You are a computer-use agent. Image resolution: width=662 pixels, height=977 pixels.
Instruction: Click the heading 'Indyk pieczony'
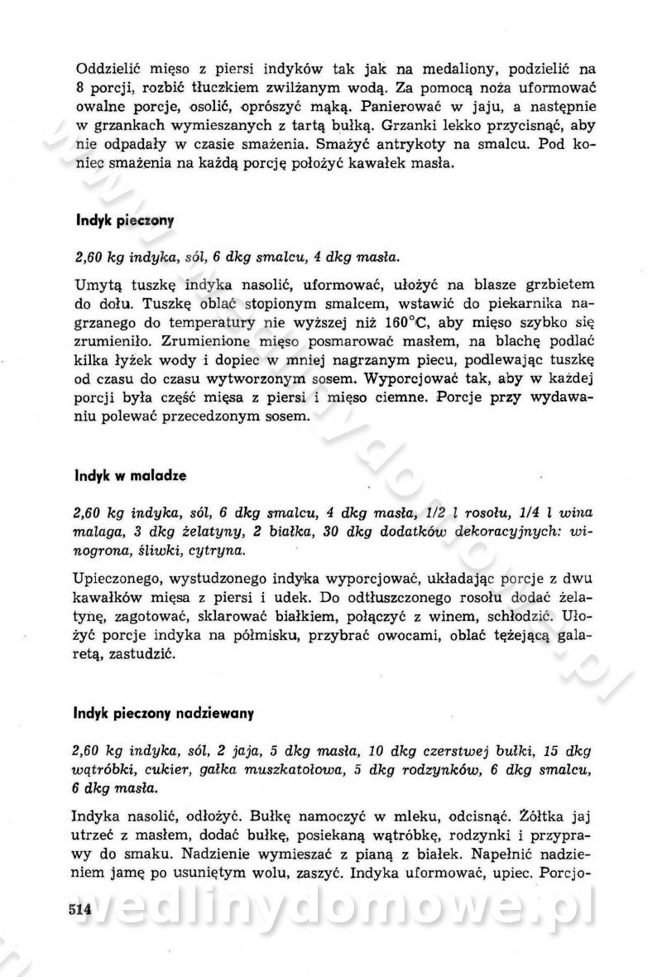(x=124, y=221)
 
